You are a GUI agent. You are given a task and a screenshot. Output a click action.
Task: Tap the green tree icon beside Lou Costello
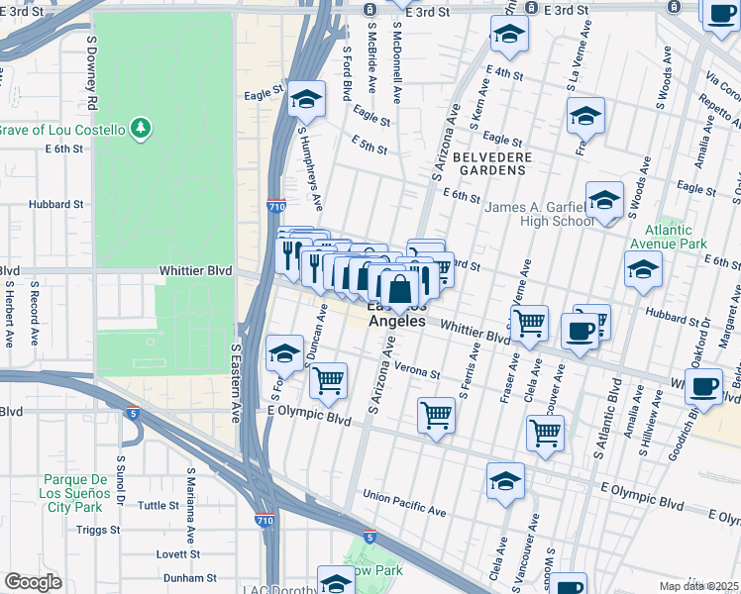pos(142,128)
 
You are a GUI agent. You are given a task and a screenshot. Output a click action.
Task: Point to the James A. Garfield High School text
pos(539,214)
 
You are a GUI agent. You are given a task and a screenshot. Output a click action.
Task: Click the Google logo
pos(33,582)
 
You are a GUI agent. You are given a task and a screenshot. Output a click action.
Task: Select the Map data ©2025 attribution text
pos(698,586)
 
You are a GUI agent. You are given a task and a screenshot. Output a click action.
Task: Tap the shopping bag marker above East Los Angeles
pos(400,290)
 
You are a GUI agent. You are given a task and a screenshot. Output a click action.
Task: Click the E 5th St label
pos(369,148)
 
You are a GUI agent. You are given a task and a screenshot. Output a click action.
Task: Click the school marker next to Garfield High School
pos(604,201)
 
